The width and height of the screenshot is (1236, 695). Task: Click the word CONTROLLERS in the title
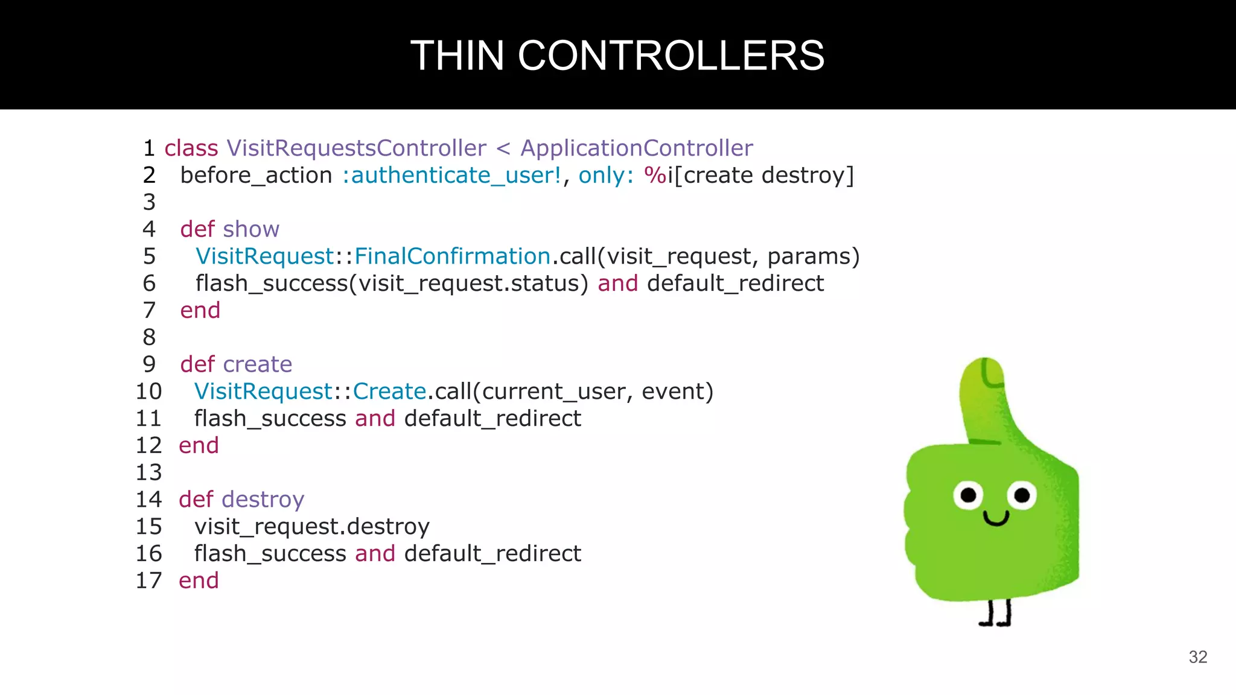point(671,56)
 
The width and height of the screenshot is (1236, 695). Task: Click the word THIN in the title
point(457,56)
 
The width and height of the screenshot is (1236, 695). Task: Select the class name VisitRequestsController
point(356,148)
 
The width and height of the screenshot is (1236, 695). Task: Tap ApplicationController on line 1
point(636,148)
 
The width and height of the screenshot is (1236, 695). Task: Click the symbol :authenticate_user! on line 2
point(451,176)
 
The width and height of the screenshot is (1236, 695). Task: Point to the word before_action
point(256,176)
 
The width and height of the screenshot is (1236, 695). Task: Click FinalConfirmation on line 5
point(452,256)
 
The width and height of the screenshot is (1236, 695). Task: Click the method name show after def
point(250,229)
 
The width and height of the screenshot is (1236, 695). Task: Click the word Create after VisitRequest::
point(389,392)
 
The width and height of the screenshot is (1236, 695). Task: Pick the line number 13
point(148,472)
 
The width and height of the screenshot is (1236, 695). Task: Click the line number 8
point(149,337)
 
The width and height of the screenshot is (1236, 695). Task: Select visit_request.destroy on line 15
point(311,527)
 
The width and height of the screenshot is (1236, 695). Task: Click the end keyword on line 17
point(199,580)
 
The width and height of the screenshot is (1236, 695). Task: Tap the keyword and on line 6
point(617,284)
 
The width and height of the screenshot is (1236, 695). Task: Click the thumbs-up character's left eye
point(968,495)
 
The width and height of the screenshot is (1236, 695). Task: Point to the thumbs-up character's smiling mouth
point(996,518)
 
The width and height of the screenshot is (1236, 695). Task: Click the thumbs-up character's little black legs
point(995,614)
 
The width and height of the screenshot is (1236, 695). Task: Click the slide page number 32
point(1197,657)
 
